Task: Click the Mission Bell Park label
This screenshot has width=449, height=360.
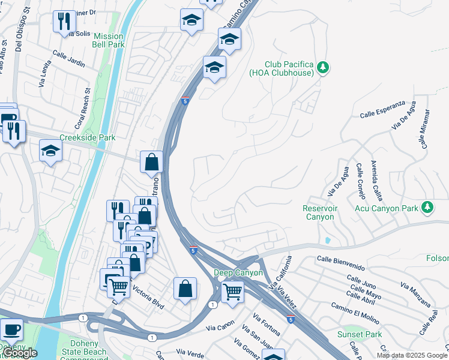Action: [x=108, y=40]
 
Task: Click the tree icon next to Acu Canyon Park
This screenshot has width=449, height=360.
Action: [x=427, y=208]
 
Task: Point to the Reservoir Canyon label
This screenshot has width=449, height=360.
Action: [x=320, y=212]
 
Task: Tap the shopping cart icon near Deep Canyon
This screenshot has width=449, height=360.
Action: [x=232, y=292]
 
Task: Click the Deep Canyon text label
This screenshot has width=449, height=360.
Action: [x=239, y=273]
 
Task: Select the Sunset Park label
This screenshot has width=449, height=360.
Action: [x=360, y=334]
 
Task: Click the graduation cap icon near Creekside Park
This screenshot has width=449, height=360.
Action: [x=51, y=151]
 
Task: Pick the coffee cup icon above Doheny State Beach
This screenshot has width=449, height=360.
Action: [x=11, y=329]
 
